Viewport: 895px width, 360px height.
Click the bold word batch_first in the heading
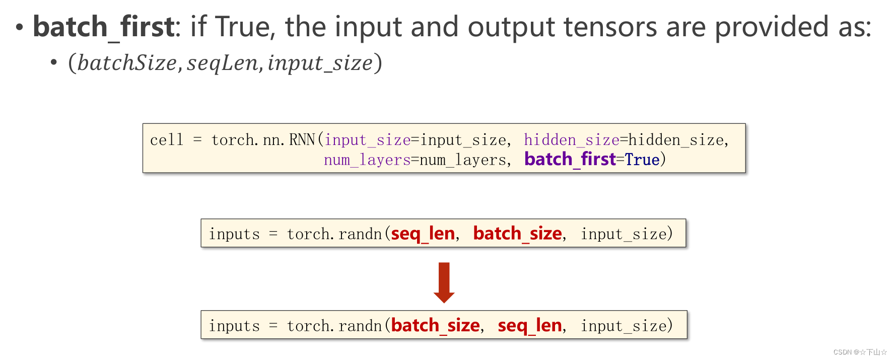[x=103, y=27]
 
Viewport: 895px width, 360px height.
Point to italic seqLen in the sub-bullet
[x=222, y=63]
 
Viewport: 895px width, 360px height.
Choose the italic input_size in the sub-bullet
[x=320, y=63]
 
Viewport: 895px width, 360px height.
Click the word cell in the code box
[x=167, y=140]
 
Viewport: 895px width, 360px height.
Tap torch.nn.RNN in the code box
[x=263, y=140]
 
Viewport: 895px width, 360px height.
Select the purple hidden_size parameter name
[x=571, y=140]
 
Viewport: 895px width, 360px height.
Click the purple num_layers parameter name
[x=367, y=160]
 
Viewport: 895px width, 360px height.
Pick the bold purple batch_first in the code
[x=570, y=160]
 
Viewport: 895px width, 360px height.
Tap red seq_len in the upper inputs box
[x=423, y=234]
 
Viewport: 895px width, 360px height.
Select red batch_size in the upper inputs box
[x=517, y=234]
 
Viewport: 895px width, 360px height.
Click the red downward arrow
[x=444, y=282]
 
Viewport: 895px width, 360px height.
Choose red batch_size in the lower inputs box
[x=435, y=326]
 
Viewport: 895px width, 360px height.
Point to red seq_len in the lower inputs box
[x=529, y=326]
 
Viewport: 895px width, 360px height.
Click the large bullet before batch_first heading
[x=19, y=27]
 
